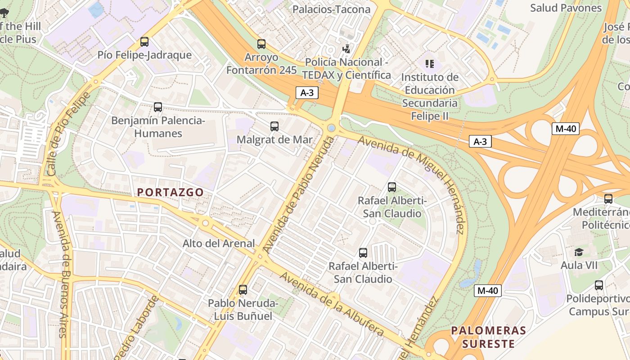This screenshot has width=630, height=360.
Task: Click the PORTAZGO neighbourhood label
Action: [170, 192]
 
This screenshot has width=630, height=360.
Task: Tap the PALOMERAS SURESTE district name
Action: [489, 337]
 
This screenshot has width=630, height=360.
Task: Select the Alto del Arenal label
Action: [219, 243]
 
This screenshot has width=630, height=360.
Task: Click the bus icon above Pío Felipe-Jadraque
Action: [144, 42]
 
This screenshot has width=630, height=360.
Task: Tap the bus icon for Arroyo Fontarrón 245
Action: [261, 44]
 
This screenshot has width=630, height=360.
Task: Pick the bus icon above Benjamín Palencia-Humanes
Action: [157, 107]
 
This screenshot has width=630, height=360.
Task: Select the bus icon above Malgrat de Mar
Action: [274, 126]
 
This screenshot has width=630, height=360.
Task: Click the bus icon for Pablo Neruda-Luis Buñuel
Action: [243, 290]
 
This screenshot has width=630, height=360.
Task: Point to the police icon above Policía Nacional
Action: [346, 49]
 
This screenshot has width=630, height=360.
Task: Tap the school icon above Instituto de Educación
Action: [429, 64]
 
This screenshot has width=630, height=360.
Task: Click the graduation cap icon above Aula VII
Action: [579, 252]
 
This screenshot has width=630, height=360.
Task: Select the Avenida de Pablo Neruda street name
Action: [299, 194]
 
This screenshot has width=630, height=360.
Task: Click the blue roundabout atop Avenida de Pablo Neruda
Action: [332, 128]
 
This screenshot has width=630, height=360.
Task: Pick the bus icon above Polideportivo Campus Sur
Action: [598, 285]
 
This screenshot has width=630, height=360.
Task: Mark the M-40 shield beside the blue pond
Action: [487, 291]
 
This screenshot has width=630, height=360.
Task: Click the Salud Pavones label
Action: [566, 8]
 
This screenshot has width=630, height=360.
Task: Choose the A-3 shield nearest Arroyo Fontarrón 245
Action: [307, 93]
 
